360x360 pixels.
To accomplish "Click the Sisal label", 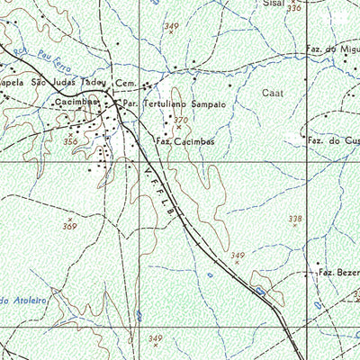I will pos(274,4).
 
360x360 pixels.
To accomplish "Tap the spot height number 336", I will pos(294,9).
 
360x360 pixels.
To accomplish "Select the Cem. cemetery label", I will pos(125,84).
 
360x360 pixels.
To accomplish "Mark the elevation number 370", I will pos(180,120).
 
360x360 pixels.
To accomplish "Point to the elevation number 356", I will pos(70,141).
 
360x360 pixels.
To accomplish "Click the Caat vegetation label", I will pos(272,93).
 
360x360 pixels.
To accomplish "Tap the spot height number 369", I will pos(70,226).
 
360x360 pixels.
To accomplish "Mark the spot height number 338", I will pos(294,219).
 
